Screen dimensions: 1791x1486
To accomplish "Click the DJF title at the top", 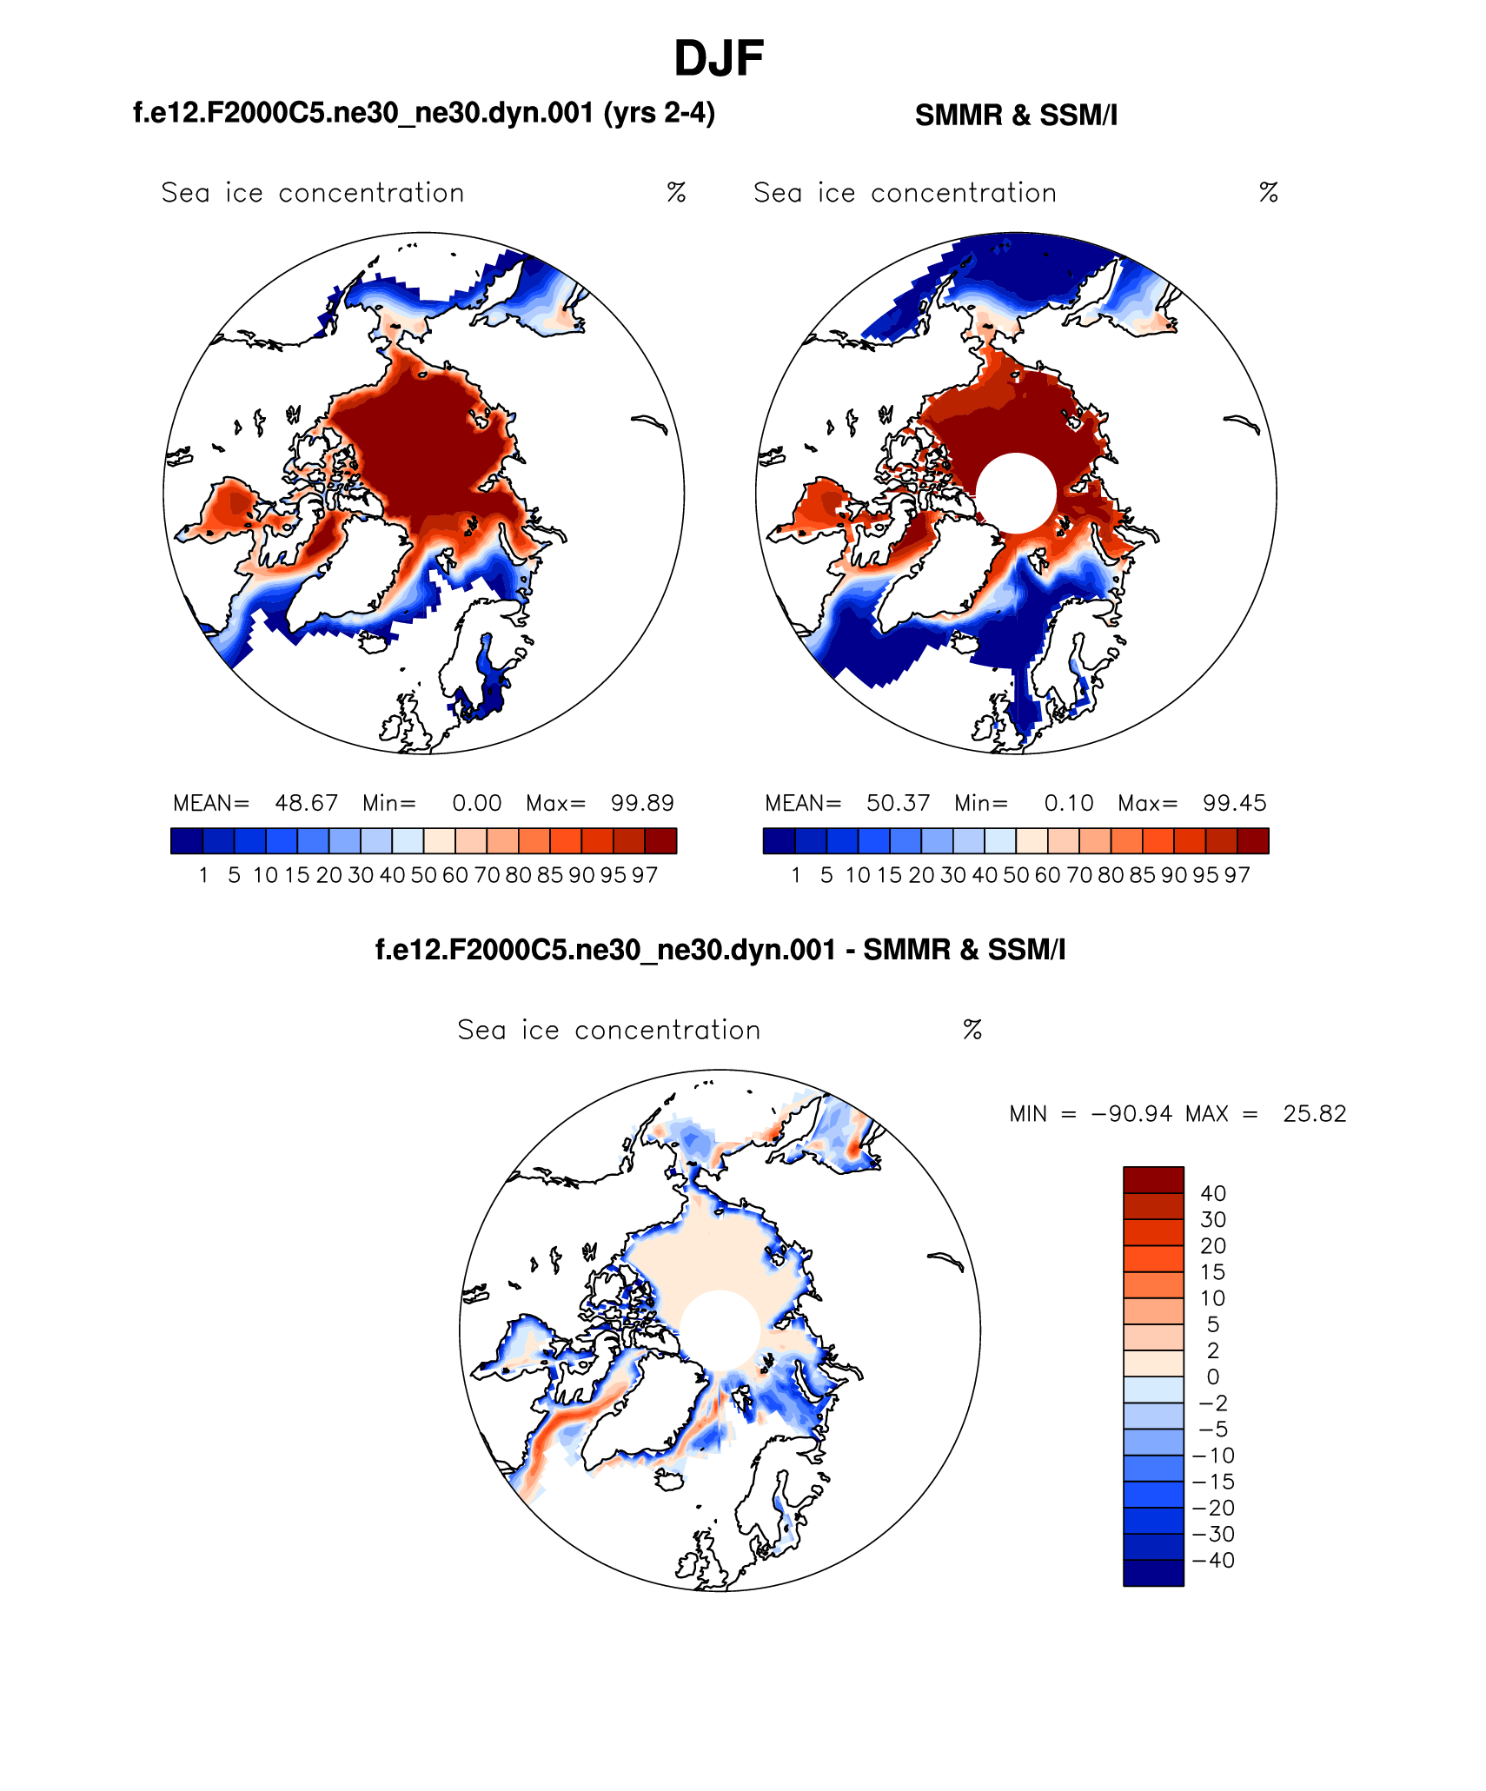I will pos(719,59).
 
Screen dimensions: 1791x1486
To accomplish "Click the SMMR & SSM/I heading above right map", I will pos(1016,115).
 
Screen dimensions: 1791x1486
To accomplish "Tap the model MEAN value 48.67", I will pos(306,803).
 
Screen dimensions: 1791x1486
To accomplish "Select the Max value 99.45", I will pos(1234,803).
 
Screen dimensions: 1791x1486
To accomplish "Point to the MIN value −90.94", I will pos(1131,1114).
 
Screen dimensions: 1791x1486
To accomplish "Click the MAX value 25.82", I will pos(1314,1114).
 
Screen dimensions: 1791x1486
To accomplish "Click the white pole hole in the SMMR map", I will pos(1016,493).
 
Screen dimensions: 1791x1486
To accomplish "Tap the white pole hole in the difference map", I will pos(720,1330).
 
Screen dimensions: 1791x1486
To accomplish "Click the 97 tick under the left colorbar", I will pos(644,875).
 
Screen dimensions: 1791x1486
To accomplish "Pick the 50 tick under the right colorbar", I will pos(1016,875).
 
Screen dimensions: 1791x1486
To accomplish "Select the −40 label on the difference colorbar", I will pos(1214,1560).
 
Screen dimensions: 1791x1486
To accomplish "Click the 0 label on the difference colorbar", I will pos(1212,1376).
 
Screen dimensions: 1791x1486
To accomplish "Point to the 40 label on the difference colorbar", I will pos(1213,1193).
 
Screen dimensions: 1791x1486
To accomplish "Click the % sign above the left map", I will pos(676,192).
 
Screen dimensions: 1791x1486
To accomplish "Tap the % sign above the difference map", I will pos(972,1030).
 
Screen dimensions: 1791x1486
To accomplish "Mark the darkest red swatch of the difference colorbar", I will pos(1153,1180).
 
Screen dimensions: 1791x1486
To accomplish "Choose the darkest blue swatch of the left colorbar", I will pos(187,841).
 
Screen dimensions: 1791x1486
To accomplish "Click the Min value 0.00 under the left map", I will pos(476,803).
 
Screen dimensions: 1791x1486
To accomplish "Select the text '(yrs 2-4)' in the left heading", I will pos(659,113).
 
